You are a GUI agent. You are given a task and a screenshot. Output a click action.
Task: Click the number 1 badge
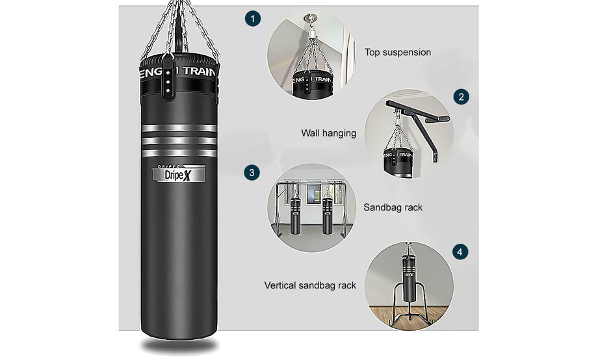[x=252, y=18]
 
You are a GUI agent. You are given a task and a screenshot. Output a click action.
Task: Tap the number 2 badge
[x=461, y=97]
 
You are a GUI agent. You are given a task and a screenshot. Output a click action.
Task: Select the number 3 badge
[x=252, y=173]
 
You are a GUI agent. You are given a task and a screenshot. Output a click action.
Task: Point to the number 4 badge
[x=460, y=252]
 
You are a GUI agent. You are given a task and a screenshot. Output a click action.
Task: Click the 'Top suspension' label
[x=398, y=52]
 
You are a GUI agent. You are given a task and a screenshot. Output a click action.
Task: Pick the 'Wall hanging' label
[x=329, y=133]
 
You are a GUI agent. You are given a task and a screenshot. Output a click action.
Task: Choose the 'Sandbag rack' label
[x=393, y=207]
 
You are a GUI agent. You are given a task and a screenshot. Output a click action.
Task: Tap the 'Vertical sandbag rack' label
[x=310, y=285]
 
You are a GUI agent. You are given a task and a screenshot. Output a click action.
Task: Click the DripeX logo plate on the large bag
[x=179, y=174]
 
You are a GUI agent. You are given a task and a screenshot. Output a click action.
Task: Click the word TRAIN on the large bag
[x=199, y=71]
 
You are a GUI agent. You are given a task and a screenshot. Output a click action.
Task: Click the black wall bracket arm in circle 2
[x=417, y=123]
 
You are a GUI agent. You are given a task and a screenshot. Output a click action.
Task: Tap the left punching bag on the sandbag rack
[x=295, y=216]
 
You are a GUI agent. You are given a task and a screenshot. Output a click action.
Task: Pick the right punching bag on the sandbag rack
[x=328, y=216]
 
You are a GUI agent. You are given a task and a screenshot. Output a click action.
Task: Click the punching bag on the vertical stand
[x=409, y=277]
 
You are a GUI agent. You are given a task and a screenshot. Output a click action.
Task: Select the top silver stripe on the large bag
[x=179, y=128]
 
